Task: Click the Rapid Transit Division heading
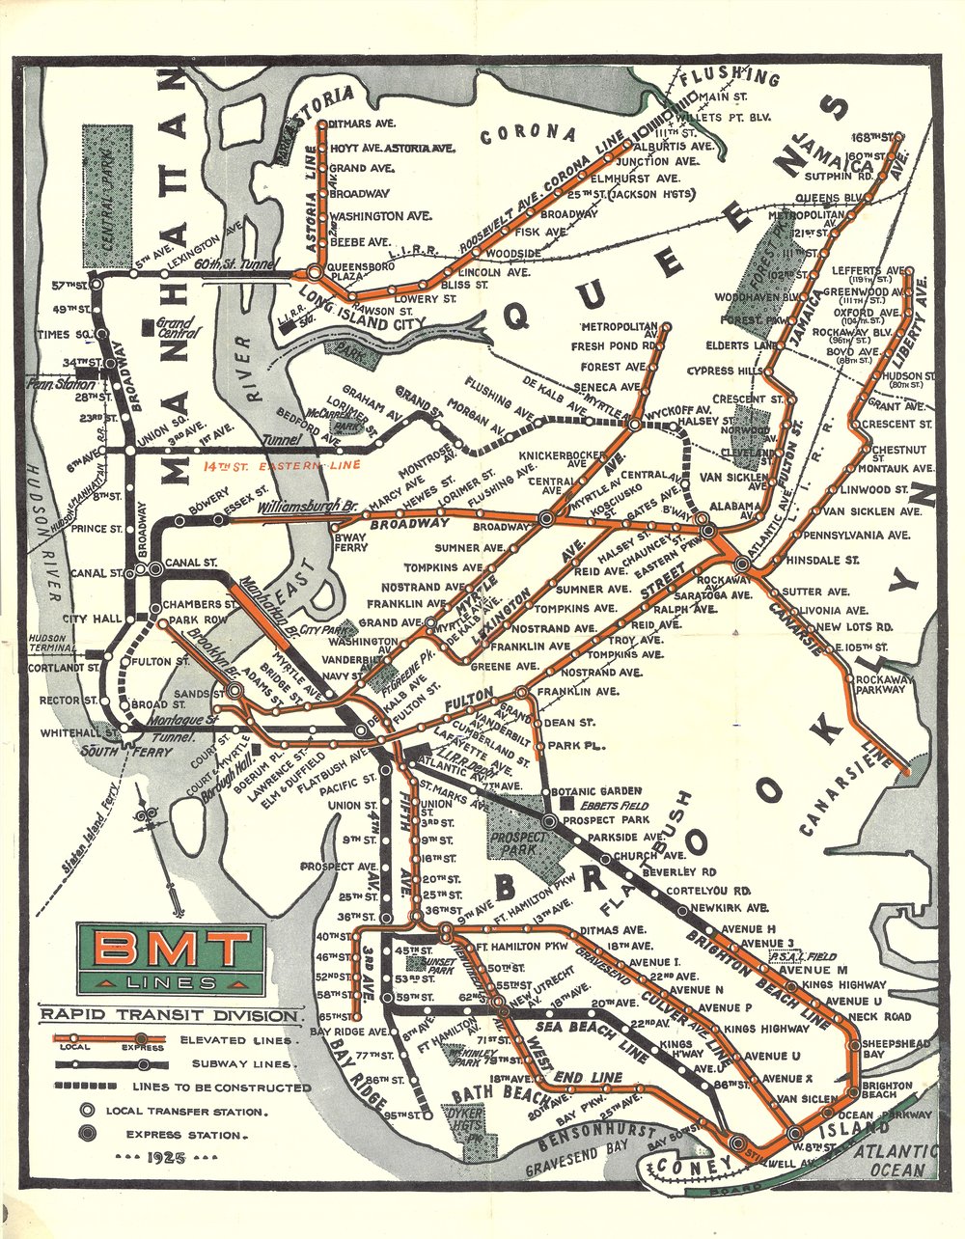pyautogui.click(x=168, y=1015)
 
